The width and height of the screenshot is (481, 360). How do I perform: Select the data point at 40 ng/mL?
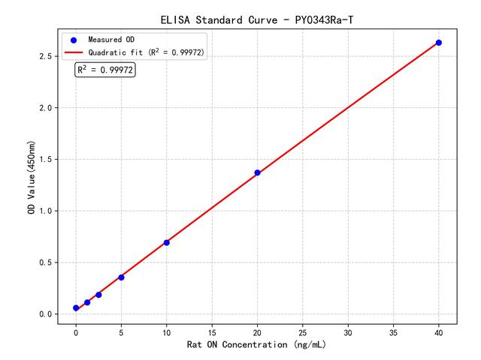[x=439, y=43]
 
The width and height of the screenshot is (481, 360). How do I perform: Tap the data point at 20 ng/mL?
[x=257, y=172]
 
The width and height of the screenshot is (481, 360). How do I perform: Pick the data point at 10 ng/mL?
[x=167, y=242]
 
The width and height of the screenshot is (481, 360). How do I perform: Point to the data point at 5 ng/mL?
[x=121, y=277]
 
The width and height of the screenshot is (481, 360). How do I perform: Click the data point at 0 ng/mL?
[x=76, y=308]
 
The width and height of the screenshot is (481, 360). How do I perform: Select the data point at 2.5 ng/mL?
[x=98, y=295]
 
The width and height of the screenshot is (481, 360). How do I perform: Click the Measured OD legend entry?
[x=109, y=39]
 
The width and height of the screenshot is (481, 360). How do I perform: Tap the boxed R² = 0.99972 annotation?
[x=105, y=70]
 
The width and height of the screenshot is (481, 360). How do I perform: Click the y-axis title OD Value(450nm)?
[x=32, y=177]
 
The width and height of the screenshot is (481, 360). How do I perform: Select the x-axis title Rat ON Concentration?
[x=257, y=345]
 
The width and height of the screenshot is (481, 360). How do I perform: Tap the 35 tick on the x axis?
[x=393, y=331]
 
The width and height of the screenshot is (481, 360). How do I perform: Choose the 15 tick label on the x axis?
[x=212, y=331]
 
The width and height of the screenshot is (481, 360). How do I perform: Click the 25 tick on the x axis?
[x=302, y=331]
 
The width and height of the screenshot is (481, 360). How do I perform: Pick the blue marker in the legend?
[x=74, y=39]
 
